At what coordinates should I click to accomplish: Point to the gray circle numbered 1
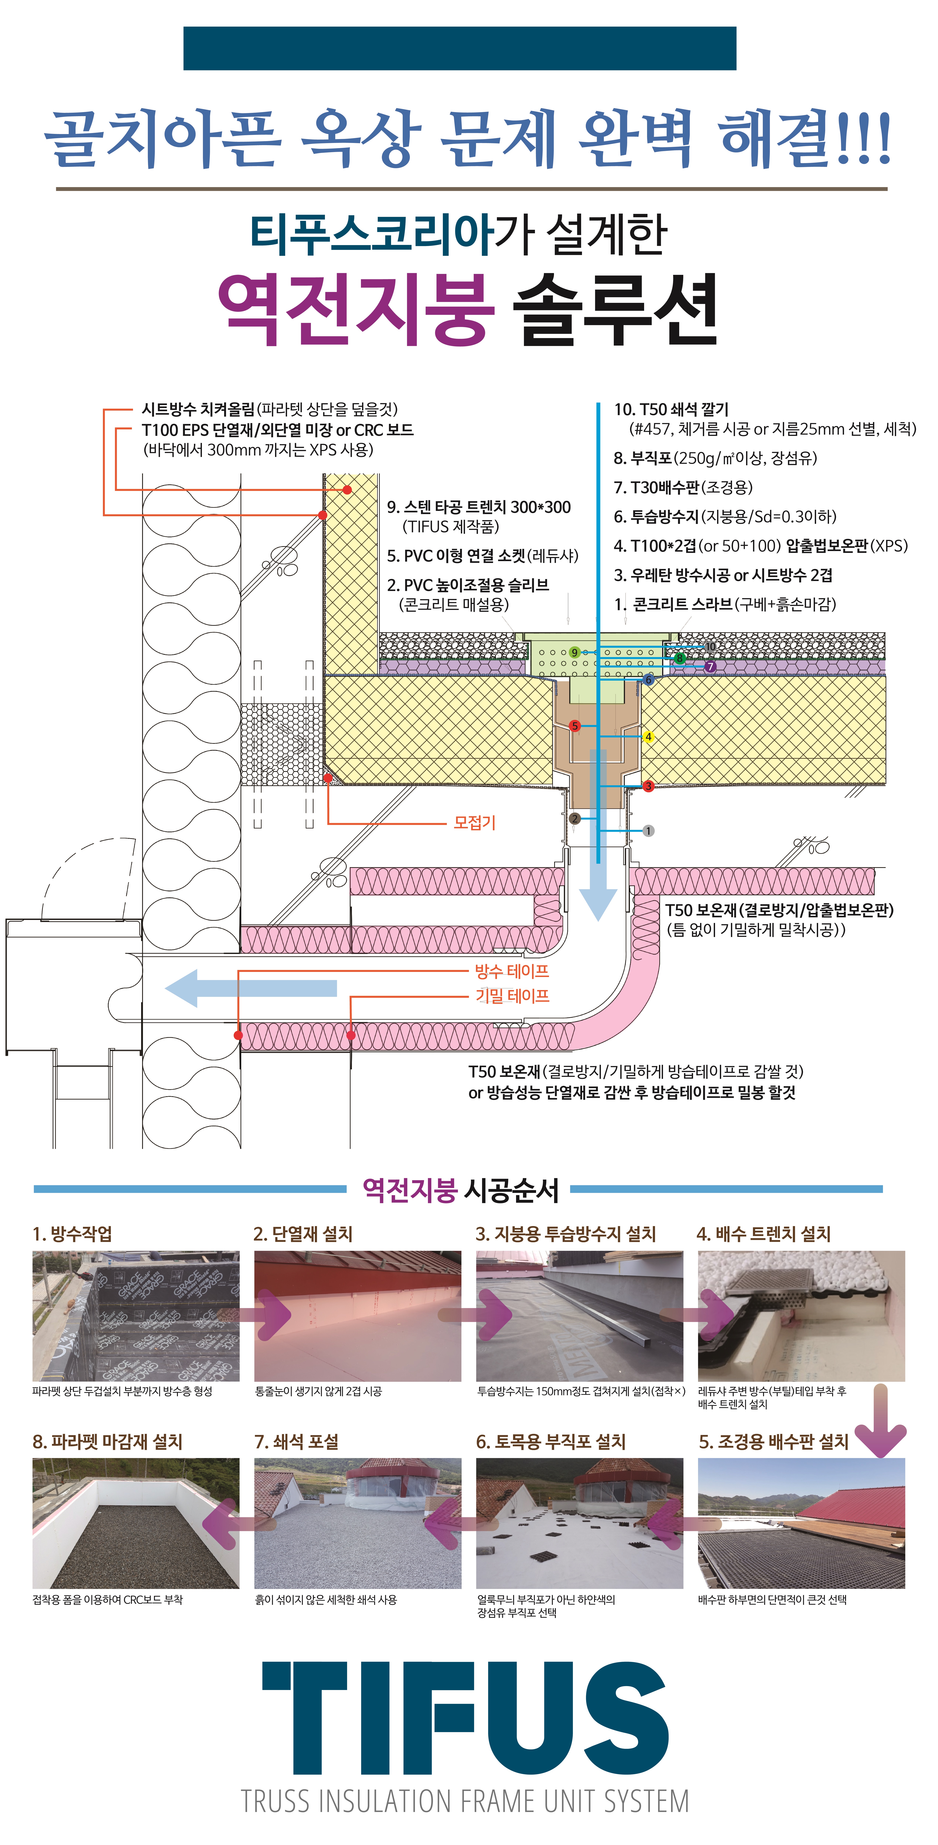pos(648,831)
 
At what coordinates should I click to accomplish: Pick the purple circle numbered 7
pos(710,667)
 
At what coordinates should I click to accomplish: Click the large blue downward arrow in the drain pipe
pos(598,834)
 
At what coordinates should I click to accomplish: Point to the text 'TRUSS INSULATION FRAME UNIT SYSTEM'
pos(465,1801)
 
